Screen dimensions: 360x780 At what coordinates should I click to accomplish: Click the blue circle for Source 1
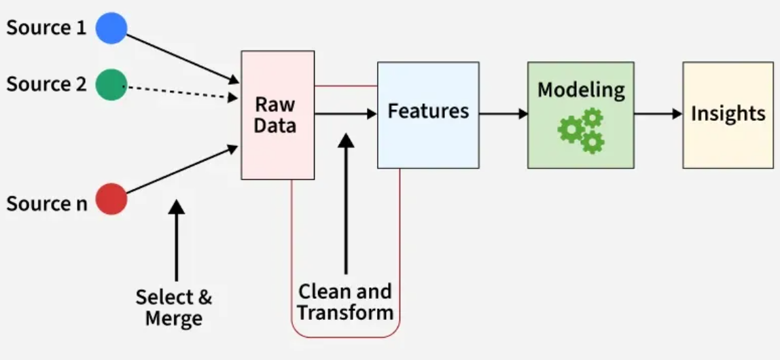111,28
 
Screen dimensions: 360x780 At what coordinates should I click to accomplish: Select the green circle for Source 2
111,84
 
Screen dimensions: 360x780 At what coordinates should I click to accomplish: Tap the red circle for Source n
111,199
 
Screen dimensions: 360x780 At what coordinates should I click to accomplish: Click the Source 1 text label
47,28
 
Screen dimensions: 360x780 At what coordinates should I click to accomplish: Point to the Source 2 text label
47,84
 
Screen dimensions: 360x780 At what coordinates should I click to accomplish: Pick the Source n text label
47,203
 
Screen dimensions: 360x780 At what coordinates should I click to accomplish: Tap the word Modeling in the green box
581,90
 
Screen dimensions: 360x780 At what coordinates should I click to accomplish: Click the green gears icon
582,130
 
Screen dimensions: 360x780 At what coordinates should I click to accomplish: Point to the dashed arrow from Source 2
180,92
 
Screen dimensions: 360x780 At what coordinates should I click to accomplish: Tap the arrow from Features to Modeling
503,114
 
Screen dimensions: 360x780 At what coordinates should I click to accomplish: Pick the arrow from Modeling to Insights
658,114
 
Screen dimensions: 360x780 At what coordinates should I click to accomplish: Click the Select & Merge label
174,307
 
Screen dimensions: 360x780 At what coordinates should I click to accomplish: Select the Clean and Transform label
345,302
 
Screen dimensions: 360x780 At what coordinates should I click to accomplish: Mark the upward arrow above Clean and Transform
346,204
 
